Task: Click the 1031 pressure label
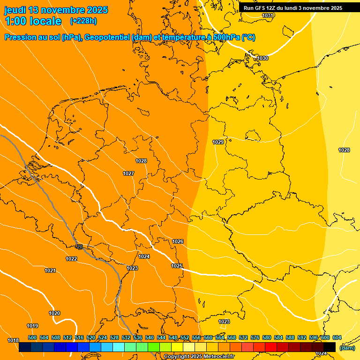coord(268,15)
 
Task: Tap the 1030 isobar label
coord(262,58)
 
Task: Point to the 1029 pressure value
coord(218,142)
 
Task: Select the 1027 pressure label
coord(128,173)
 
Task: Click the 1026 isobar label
coord(178,241)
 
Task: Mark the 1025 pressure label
coord(177,266)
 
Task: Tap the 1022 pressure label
coord(71,259)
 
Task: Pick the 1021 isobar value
coord(50,270)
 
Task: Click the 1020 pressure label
coord(54,313)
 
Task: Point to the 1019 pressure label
coord(32,326)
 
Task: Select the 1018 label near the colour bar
coord(13,340)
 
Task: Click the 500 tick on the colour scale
coord(32,337)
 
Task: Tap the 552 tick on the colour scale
coord(185,337)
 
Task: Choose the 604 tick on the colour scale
coord(337,337)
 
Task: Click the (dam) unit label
coord(347,348)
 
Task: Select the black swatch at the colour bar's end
coord(330,347)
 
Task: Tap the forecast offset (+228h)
coord(83,21)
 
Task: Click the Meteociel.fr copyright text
coord(199,357)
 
